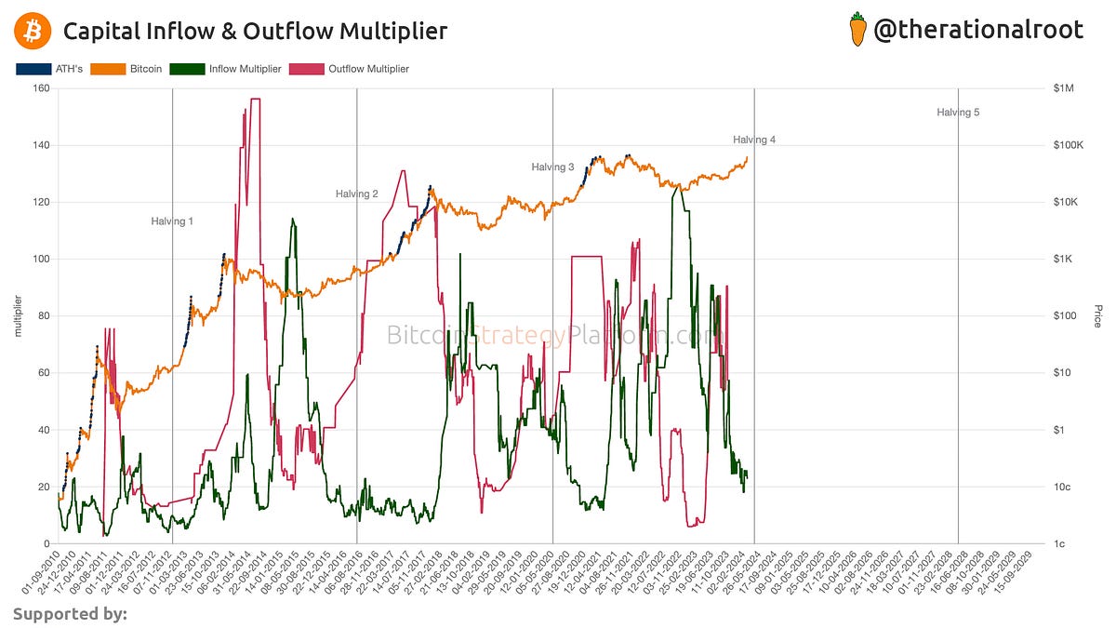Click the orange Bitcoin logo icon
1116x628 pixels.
[x=33, y=31]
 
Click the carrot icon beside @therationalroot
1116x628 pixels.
[x=858, y=30]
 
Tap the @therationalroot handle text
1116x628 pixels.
[x=978, y=30]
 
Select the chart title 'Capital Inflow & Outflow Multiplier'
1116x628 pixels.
[x=255, y=31]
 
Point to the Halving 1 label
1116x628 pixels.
[x=172, y=221]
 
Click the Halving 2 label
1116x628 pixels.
[x=357, y=194]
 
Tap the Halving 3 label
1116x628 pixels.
[x=552, y=167]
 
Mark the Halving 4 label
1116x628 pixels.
[x=753, y=140]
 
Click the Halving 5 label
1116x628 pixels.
[x=958, y=113]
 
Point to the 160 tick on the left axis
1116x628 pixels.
[x=41, y=89]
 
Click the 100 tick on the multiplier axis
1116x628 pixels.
[x=41, y=260]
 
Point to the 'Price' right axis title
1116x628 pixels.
[x=1097, y=316]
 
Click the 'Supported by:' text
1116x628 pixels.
[x=70, y=613]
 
